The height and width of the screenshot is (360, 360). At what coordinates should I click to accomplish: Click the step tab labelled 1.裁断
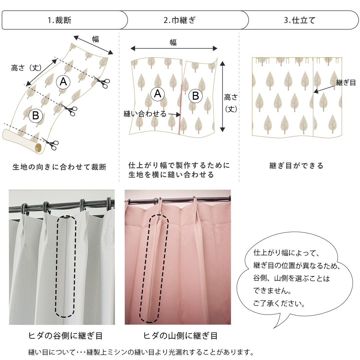tap(60, 20)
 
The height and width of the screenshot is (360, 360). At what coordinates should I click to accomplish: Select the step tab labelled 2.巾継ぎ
tap(179, 20)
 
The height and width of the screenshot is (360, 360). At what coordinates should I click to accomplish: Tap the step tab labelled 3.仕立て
tap(299, 20)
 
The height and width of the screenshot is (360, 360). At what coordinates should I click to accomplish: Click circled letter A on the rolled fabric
tap(63, 82)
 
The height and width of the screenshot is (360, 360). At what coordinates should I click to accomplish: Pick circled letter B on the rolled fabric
tap(35, 116)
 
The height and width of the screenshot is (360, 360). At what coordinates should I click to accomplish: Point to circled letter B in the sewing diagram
tap(195, 96)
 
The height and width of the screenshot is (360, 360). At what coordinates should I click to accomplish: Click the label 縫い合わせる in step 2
tap(145, 114)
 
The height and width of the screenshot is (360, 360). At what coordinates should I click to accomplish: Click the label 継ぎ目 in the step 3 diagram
tap(346, 83)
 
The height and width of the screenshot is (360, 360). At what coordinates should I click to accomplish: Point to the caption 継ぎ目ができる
tap(296, 166)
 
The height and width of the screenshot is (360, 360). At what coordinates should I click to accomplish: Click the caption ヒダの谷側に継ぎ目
tap(65, 336)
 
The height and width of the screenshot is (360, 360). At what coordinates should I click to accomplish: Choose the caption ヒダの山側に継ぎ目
tap(180, 336)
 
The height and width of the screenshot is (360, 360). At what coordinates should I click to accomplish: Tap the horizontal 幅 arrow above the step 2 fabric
tap(174, 49)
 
